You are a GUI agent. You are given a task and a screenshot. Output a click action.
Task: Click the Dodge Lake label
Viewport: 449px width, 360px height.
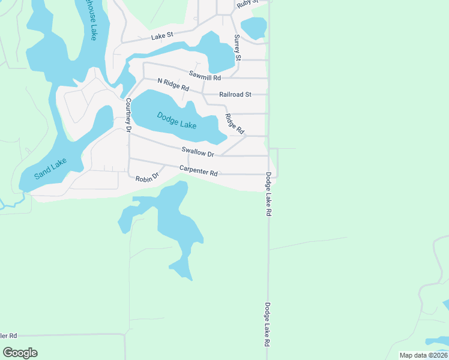pyautogui.click(x=177, y=120)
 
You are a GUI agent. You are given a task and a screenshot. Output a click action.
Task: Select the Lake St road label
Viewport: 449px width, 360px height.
pyautogui.click(x=161, y=37)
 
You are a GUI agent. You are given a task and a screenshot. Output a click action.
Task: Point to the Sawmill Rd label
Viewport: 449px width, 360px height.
pyautogui.click(x=205, y=76)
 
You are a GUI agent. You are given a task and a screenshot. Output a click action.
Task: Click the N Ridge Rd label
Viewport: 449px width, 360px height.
pyautogui.click(x=173, y=85)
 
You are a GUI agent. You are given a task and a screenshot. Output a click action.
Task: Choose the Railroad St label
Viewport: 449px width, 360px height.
pyautogui.click(x=235, y=94)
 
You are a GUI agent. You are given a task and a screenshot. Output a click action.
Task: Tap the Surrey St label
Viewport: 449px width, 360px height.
pyautogui.click(x=238, y=47)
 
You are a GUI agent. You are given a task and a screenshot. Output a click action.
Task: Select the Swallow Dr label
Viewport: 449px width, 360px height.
pyautogui.click(x=198, y=153)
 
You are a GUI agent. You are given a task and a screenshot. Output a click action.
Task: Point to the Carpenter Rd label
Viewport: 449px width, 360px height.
pyautogui.click(x=198, y=171)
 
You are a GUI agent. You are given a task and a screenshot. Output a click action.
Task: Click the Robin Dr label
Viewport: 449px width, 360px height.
pyautogui.click(x=146, y=178)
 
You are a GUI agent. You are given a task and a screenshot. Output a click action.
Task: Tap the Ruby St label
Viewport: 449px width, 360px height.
pyautogui.click(x=247, y=3)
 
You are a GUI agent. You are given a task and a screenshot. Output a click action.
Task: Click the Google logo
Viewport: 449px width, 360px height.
pyautogui.click(x=20, y=352)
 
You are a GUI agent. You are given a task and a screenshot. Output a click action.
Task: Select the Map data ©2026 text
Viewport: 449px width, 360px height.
pyautogui.click(x=423, y=355)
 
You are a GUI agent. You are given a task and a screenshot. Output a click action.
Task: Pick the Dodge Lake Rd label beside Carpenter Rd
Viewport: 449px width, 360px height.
pyautogui.click(x=268, y=194)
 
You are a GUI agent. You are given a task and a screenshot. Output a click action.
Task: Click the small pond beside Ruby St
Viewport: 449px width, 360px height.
pyautogui.click(x=253, y=28)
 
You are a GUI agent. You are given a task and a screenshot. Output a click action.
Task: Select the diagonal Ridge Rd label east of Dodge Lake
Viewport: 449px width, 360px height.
pyautogui.click(x=235, y=124)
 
